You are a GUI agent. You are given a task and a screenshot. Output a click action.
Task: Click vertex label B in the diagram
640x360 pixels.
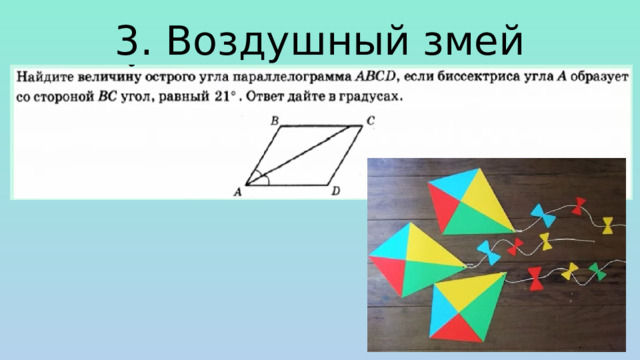[x=274, y=120]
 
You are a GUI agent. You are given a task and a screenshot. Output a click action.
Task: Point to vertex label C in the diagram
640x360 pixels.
[x=370, y=120]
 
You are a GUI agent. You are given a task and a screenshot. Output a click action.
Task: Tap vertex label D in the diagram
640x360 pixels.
[x=336, y=190]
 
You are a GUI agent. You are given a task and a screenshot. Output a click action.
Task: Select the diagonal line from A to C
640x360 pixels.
[x=305, y=154]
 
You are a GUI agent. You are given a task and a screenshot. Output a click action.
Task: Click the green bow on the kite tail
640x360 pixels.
[x=597, y=272]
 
